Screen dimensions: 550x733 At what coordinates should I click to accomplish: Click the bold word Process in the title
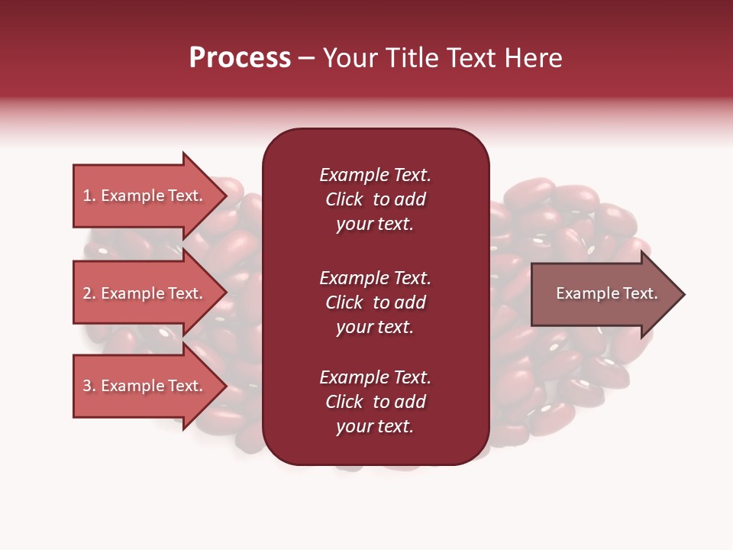(x=240, y=58)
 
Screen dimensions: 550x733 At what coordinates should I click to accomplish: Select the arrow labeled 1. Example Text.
(x=143, y=196)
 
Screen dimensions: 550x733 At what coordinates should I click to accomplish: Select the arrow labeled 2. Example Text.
(x=143, y=293)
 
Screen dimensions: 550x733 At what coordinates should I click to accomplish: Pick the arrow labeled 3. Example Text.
(x=143, y=386)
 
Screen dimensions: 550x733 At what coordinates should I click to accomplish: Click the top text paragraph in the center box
(x=375, y=199)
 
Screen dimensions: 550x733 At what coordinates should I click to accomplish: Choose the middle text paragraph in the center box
(x=375, y=302)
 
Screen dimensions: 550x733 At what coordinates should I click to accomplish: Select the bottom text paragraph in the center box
(x=375, y=402)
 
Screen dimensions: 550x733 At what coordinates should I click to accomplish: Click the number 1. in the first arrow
(x=89, y=196)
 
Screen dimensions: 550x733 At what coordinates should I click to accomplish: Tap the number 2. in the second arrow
(x=89, y=293)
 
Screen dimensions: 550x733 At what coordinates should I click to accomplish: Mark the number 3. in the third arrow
(x=89, y=386)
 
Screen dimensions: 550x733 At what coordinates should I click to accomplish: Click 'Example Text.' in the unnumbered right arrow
(x=606, y=293)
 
